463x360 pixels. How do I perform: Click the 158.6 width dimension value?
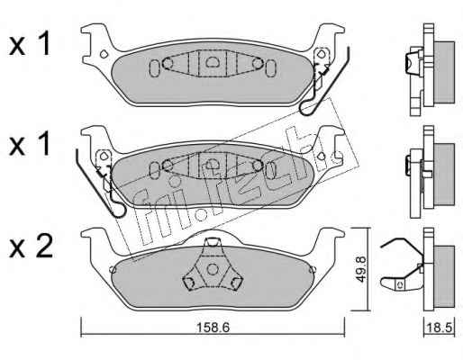click(213, 328)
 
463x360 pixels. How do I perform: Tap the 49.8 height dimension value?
click(361, 268)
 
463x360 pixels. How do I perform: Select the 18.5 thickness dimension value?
click(440, 328)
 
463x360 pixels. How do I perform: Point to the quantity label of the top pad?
click(30, 46)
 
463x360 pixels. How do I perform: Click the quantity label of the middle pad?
click(30, 145)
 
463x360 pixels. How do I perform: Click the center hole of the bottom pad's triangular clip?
click(213, 269)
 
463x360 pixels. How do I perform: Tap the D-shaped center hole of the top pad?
click(213, 62)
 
